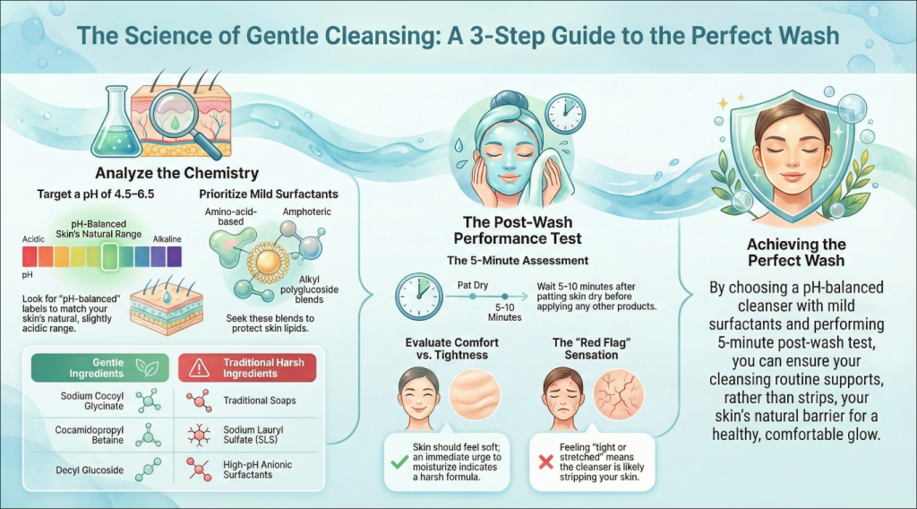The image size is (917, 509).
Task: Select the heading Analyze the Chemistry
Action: [176, 173]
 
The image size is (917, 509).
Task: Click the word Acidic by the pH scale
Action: [33, 239]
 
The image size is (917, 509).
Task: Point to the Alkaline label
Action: [167, 239]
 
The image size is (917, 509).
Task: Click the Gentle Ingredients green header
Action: [100, 368]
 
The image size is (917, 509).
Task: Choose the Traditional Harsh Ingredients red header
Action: [247, 368]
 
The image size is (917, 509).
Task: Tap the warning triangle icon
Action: [200, 367]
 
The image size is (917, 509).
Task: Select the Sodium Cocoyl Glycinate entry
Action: [92, 401]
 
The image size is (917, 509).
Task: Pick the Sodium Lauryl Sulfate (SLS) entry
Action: [253, 435]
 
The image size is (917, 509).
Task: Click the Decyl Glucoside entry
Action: [90, 470]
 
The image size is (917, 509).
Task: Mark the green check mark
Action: [399, 462]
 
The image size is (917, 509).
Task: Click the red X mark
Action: [545, 462]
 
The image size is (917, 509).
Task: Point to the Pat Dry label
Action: [473, 286]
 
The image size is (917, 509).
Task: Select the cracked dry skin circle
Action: [618, 393]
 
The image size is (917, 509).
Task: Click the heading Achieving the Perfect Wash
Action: [796, 253]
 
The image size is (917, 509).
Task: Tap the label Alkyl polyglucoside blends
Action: [309, 289]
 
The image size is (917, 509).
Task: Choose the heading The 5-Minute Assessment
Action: [518, 261]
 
